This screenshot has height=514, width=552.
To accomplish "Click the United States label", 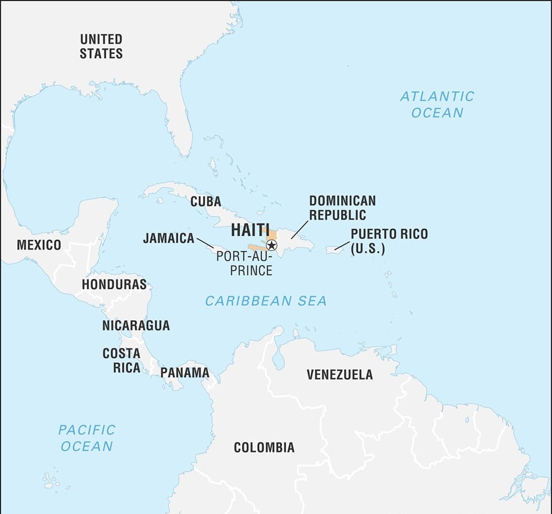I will [101, 46].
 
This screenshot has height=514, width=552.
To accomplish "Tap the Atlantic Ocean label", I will [437, 104].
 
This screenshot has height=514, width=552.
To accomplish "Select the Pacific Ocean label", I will [87, 438].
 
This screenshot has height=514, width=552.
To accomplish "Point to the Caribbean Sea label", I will [266, 301].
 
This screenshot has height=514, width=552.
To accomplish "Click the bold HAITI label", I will [250, 230].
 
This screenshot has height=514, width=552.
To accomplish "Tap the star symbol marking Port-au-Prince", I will [272, 245].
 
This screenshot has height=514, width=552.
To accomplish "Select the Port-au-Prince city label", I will [245, 263].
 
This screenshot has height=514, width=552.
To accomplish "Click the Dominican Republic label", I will [342, 208].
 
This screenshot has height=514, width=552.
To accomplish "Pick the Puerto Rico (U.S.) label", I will [389, 241].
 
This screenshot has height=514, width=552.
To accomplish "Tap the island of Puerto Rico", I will [335, 250].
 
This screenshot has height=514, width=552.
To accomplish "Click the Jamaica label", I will [168, 239].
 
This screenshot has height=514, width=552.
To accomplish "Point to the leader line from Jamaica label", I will [205, 243].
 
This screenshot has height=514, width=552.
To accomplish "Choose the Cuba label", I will [205, 202].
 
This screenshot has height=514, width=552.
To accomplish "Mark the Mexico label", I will [39, 245].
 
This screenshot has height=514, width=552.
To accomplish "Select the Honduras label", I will [114, 284].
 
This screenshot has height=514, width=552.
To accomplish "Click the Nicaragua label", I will [136, 326].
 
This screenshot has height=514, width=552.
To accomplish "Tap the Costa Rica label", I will [121, 360].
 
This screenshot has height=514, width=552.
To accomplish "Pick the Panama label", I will [185, 373].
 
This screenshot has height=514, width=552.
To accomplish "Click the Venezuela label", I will [339, 375].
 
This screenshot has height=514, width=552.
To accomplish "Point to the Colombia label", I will [264, 447].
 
